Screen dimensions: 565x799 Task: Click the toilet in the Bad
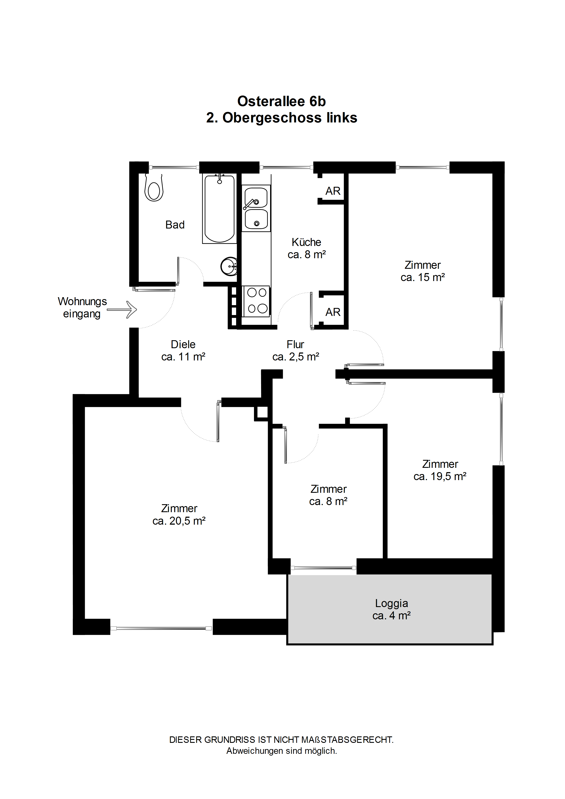(x=154, y=188)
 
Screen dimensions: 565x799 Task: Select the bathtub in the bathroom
(x=219, y=209)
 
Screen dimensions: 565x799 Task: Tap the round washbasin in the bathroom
(x=229, y=267)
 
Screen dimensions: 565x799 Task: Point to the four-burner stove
(x=257, y=301)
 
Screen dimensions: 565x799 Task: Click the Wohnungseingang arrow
(x=122, y=309)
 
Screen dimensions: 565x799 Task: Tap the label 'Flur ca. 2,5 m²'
(x=296, y=350)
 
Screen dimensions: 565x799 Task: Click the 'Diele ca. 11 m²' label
(x=183, y=350)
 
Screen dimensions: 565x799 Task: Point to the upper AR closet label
(x=333, y=191)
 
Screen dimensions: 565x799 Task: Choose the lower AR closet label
(x=333, y=312)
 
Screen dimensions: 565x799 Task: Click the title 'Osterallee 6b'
(x=282, y=101)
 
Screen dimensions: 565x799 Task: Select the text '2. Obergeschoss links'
(x=282, y=118)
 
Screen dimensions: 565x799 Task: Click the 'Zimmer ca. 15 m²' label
(x=423, y=271)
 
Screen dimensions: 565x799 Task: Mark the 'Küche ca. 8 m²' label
(x=306, y=248)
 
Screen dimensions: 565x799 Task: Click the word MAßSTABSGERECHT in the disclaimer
(x=347, y=739)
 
